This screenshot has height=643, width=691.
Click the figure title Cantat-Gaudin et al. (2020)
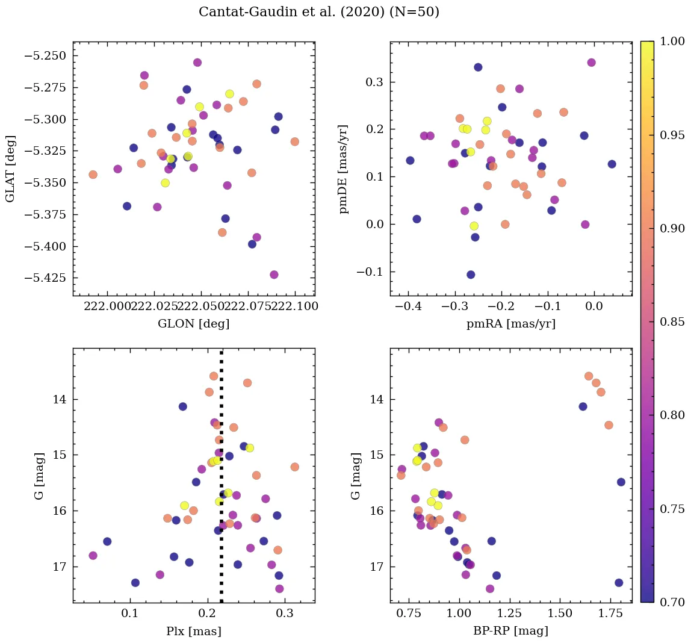319,12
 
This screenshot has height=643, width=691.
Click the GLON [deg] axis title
193,324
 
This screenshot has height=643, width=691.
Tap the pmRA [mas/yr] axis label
510,324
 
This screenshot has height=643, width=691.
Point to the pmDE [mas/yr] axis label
344,169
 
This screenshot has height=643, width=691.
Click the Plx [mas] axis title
193,631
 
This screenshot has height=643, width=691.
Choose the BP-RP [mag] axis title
510,631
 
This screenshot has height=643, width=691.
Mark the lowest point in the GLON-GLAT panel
274,275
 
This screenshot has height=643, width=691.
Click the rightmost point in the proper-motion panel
612,164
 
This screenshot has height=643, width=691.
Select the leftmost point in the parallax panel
93,555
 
